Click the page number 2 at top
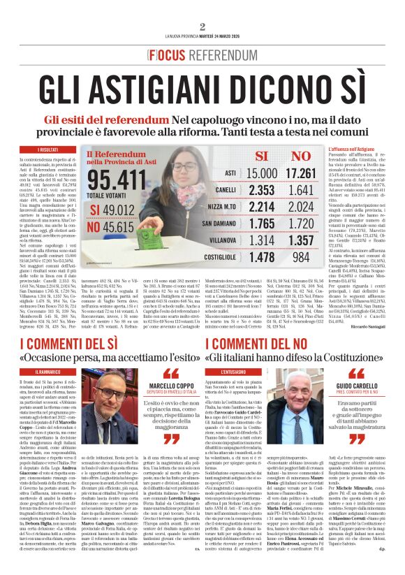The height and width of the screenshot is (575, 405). (202, 27)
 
